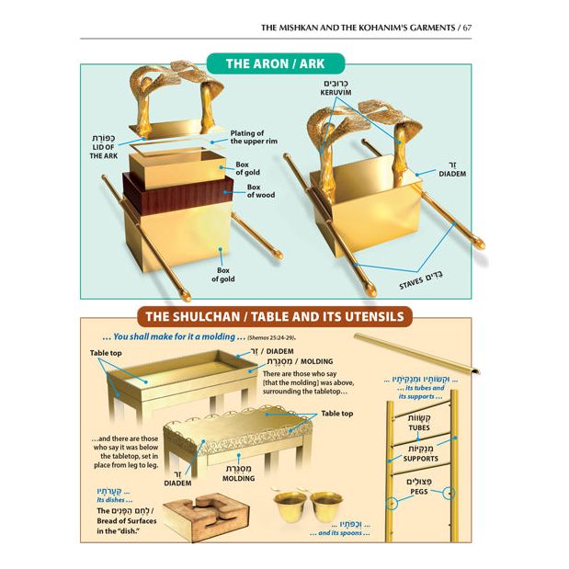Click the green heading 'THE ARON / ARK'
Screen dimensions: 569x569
pos(275,63)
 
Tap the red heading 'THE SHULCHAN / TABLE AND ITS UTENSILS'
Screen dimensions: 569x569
pos(275,317)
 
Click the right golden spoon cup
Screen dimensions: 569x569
pos(325,504)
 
